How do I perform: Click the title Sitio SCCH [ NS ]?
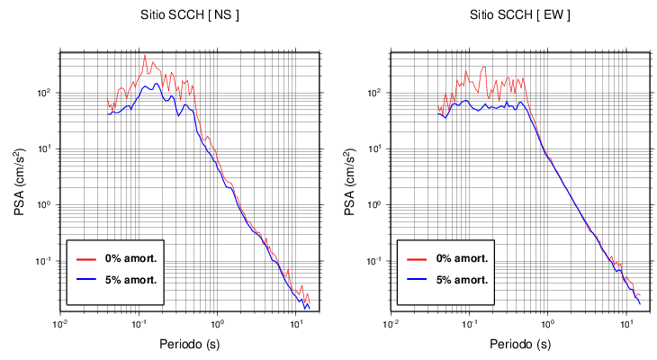pyautogui.click(x=189, y=15)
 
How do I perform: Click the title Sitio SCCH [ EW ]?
pyautogui.click(x=519, y=15)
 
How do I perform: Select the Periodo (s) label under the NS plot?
pyautogui.click(x=190, y=344)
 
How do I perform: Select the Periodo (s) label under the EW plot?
pyautogui.click(x=519, y=344)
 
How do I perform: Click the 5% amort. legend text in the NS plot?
pyautogui.click(x=132, y=279)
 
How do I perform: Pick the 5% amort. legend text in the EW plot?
pyautogui.click(x=463, y=279)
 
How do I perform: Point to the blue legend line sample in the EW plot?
pyautogui.click(x=417, y=279)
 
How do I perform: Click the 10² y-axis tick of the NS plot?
pyautogui.click(x=50, y=93)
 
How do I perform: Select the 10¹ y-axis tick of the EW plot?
pyautogui.click(x=381, y=148)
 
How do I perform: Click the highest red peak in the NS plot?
pyautogui.click(x=145, y=55)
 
